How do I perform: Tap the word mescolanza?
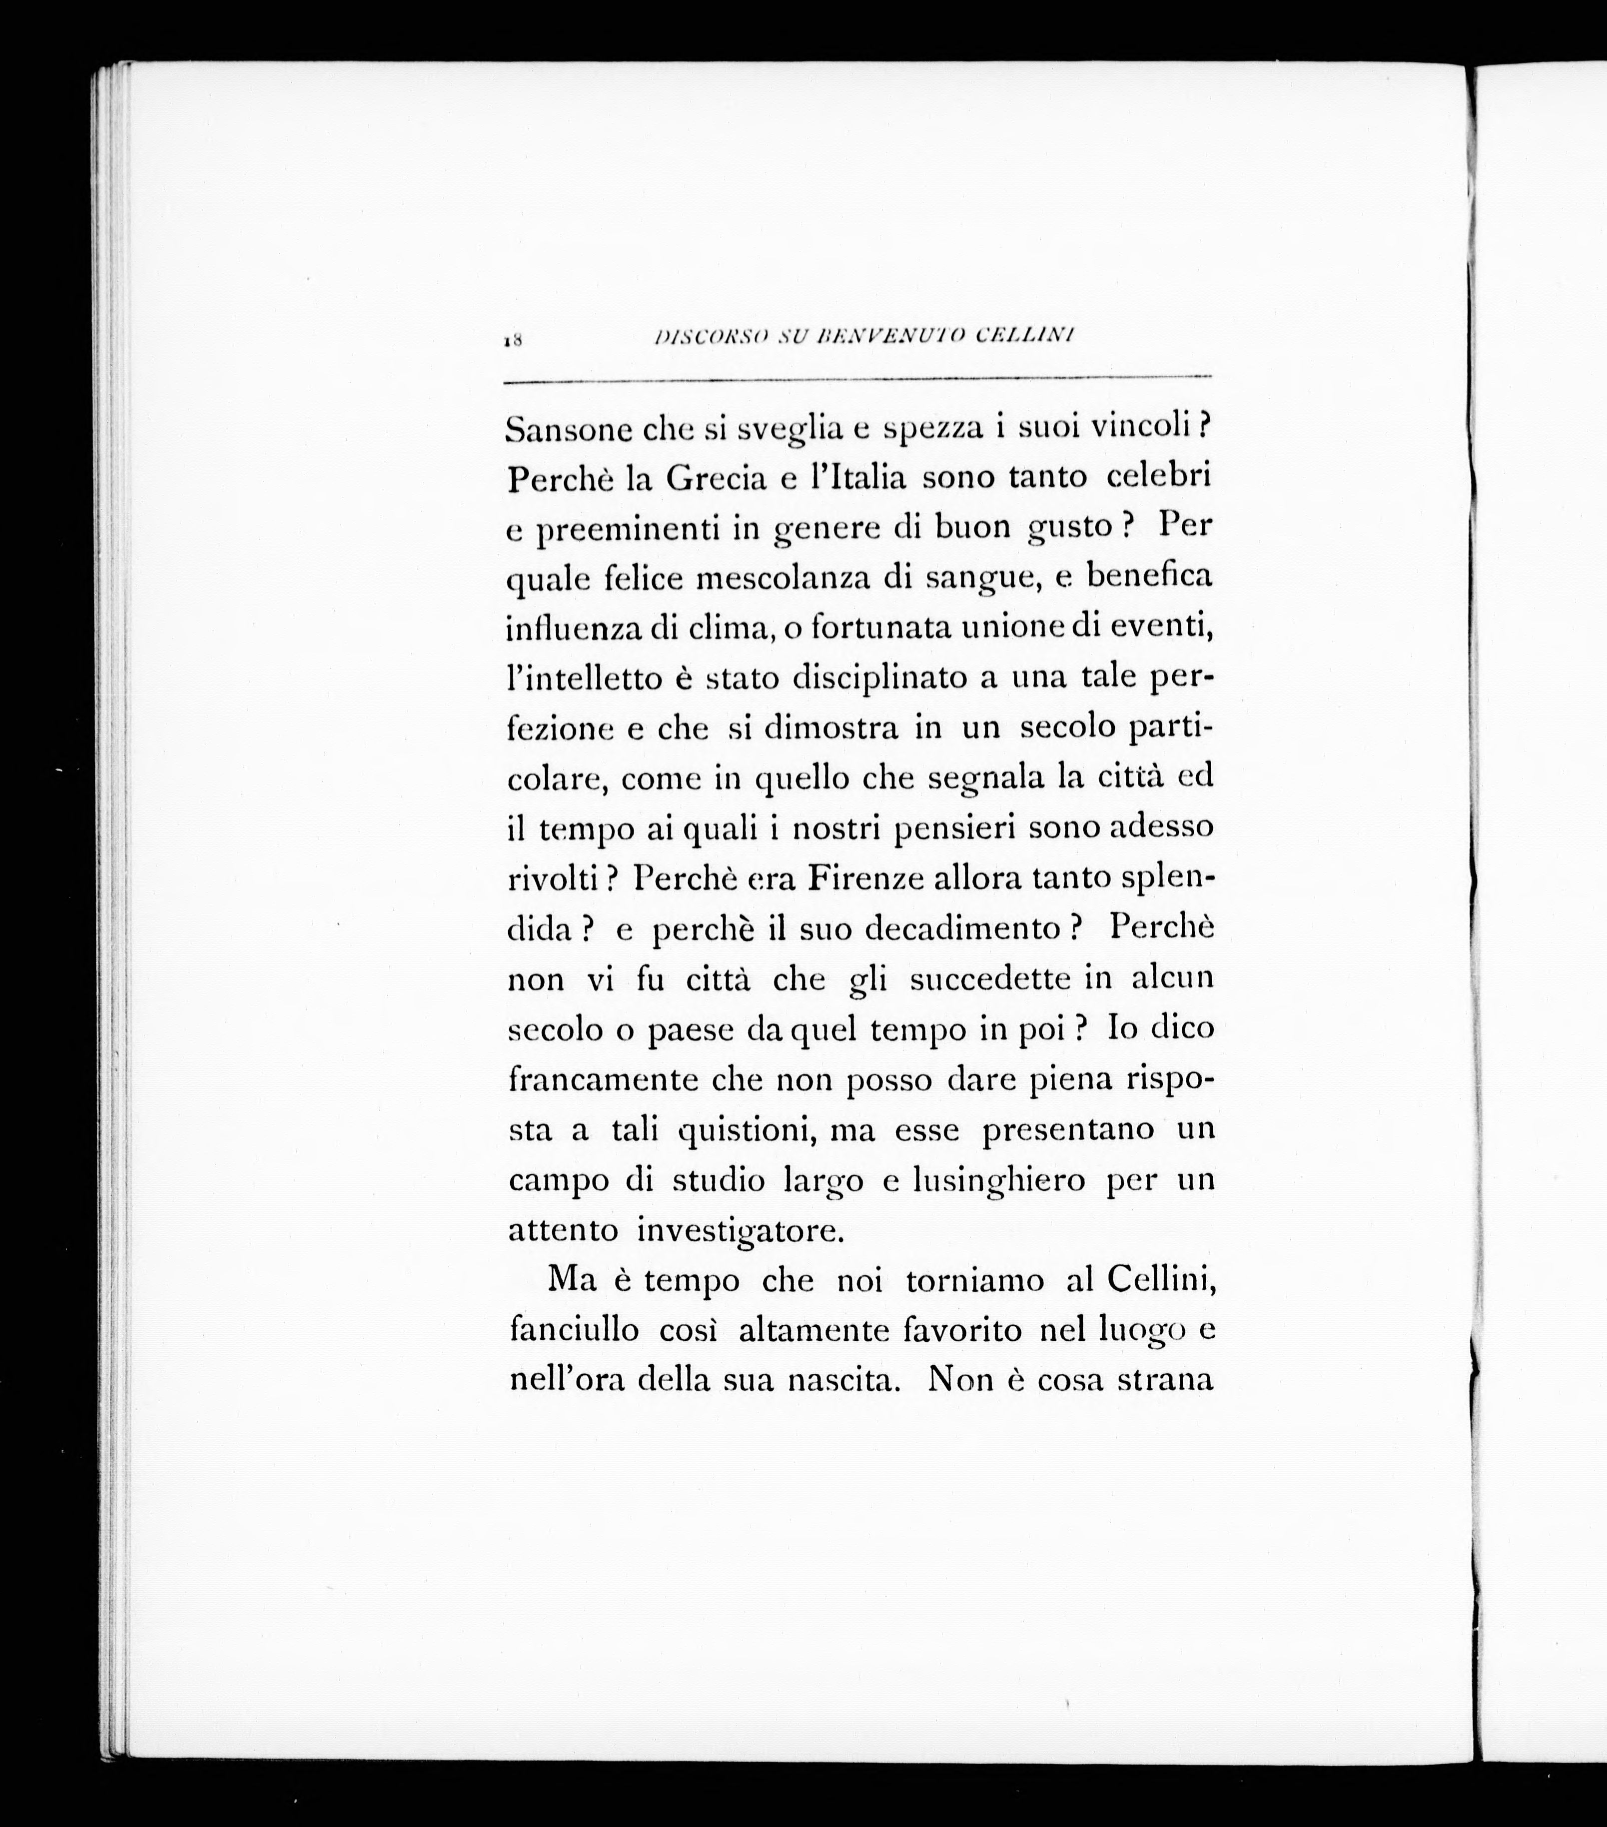point(783,579)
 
